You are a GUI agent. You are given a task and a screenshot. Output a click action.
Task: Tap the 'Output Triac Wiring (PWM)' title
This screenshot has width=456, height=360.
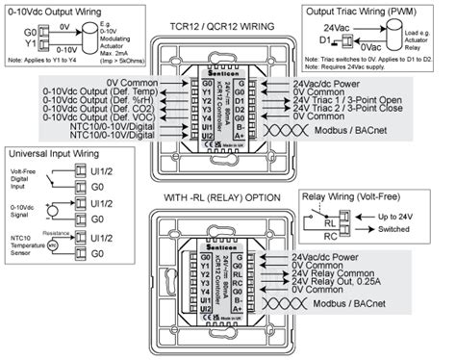tap(383, 11)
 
